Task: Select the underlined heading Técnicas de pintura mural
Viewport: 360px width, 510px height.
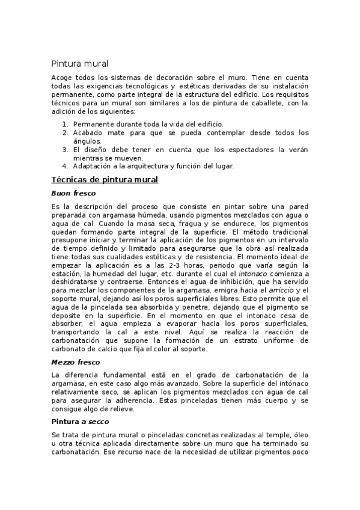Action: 105,179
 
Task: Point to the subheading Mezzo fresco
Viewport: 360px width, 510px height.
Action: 76,362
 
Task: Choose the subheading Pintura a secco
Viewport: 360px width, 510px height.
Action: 80,421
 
